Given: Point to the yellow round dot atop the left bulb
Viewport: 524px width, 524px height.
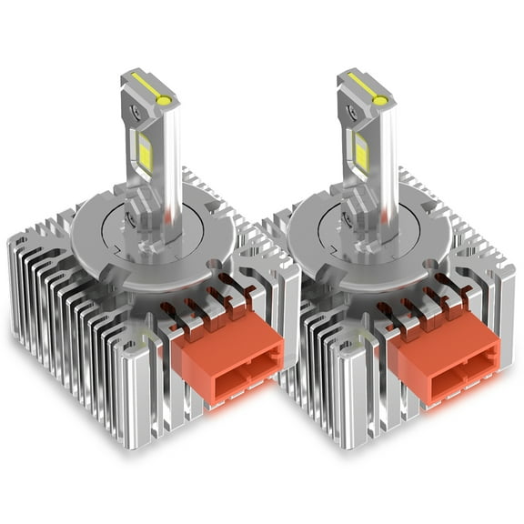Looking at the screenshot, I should (164, 99).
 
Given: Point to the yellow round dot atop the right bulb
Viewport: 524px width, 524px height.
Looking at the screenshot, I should (380, 99).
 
